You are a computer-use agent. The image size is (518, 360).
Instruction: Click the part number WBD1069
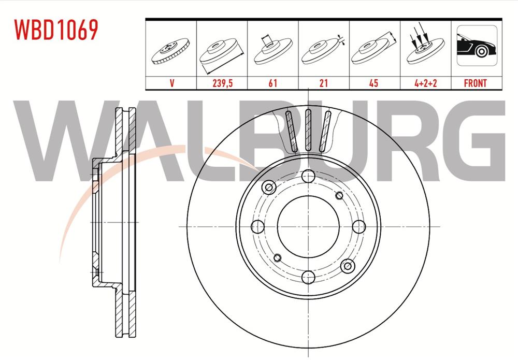(x=56, y=30)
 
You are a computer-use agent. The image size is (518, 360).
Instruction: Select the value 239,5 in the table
(x=221, y=83)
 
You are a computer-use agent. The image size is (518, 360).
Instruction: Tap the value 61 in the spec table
(x=272, y=83)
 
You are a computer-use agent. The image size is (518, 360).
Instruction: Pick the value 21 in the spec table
(x=323, y=83)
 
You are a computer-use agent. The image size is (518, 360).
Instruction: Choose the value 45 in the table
(x=374, y=83)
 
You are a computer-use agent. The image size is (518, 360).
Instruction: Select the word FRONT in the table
(x=476, y=83)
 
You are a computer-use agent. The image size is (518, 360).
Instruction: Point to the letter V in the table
(x=170, y=83)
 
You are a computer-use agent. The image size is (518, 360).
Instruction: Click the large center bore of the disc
(x=308, y=226)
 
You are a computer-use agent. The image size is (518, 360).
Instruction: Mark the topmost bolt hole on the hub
(x=308, y=175)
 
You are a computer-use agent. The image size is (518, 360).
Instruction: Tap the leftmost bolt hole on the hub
(x=256, y=226)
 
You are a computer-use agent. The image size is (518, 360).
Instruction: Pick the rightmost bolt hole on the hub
(x=358, y=226)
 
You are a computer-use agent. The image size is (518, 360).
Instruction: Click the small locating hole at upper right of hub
(x=339, y=195)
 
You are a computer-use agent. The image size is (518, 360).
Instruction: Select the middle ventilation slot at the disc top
(x=308, y=130)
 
